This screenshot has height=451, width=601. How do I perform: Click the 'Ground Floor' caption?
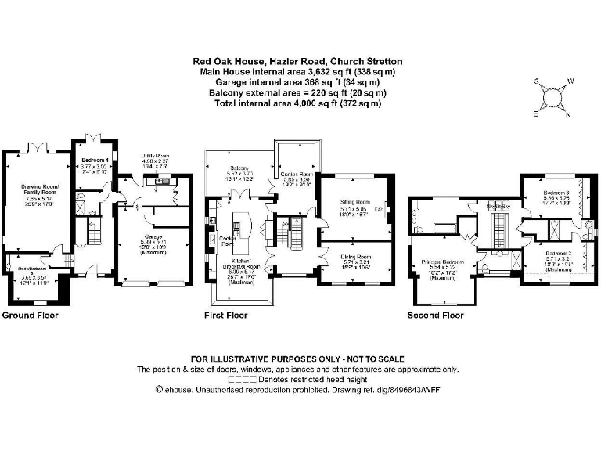tap(29, 316)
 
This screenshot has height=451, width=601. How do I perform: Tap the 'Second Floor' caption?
tap(436, 316)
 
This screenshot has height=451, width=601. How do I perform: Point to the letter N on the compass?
tap(567, 115)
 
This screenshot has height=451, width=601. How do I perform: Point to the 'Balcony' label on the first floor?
tap(239, 168)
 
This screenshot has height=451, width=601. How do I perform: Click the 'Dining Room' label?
tap(354, 257)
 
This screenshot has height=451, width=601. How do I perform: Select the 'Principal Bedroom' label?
tap(444, 262)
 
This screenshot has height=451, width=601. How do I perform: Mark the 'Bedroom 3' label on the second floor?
tap(557, 193)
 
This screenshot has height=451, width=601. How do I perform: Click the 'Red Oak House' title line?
tap(297, 60)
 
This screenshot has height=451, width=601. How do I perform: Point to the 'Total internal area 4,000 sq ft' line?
tap(297, 103)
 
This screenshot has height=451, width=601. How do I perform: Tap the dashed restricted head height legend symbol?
tap(234, 378)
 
